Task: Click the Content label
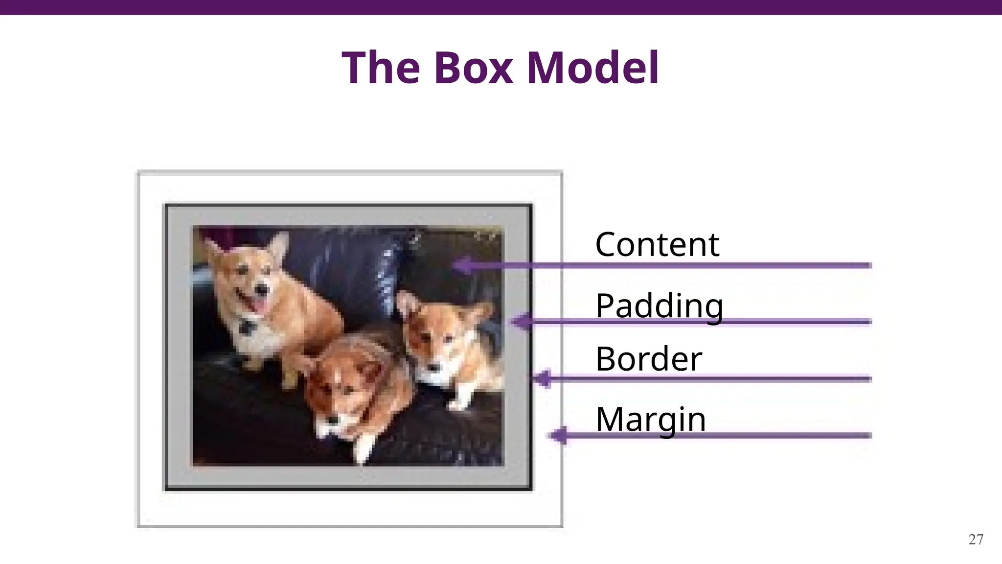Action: click(x=657, y=244)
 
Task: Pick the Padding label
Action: click(x=659, y=306)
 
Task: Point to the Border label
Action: click(x=649, y=359)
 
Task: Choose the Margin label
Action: click(x=651, y=420)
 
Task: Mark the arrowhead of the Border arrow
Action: click(x=541, y=378)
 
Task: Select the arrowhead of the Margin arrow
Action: click(x=558, y=435)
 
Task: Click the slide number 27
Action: click(x=976, y=540)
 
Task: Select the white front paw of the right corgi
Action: click(x=457, y=404)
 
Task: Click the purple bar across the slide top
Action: click(x=501, y=7)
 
